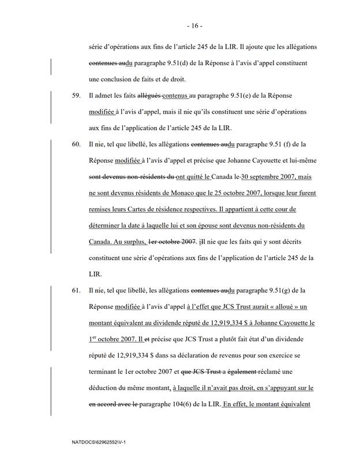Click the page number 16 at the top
point(180,27)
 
